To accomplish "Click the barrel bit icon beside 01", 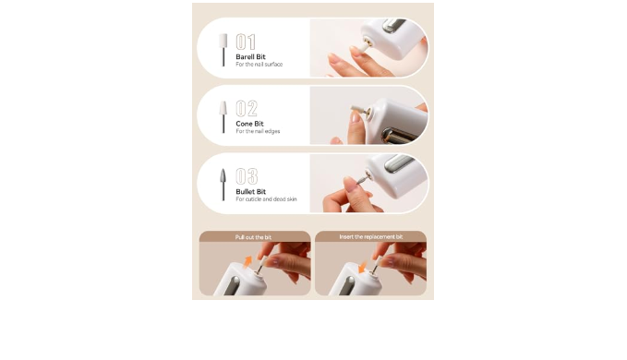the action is click(x=223, y=50).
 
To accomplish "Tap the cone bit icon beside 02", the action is click(x=223, y=116).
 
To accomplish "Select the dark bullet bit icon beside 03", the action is click(x=223, y=185).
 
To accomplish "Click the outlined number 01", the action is click(x=246, y=42).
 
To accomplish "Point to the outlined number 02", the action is click(x=247, y=108).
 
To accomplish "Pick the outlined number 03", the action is click(x=247, y=176).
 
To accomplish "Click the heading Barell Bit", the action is click(x=250, y=56).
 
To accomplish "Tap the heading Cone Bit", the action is click(x=249, y=124).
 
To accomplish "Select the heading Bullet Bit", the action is click(x=251, y=191).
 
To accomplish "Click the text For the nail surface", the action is click(x=259, y=65).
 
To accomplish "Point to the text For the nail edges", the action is click(x=258, y=131).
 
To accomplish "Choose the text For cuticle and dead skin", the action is click(x=266, y=199).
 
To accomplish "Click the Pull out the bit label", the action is click(x=253, y=237).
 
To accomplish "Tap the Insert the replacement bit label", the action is click(x=371, y=237).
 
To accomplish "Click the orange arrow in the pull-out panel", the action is click(x=247, y=261).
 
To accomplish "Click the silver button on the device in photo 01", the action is click(x=394, y=26).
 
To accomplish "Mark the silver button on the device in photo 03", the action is click(x=399, y=163).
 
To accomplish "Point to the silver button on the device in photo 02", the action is click(x=397, y=136).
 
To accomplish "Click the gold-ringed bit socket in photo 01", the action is click(x=368, y=42).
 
